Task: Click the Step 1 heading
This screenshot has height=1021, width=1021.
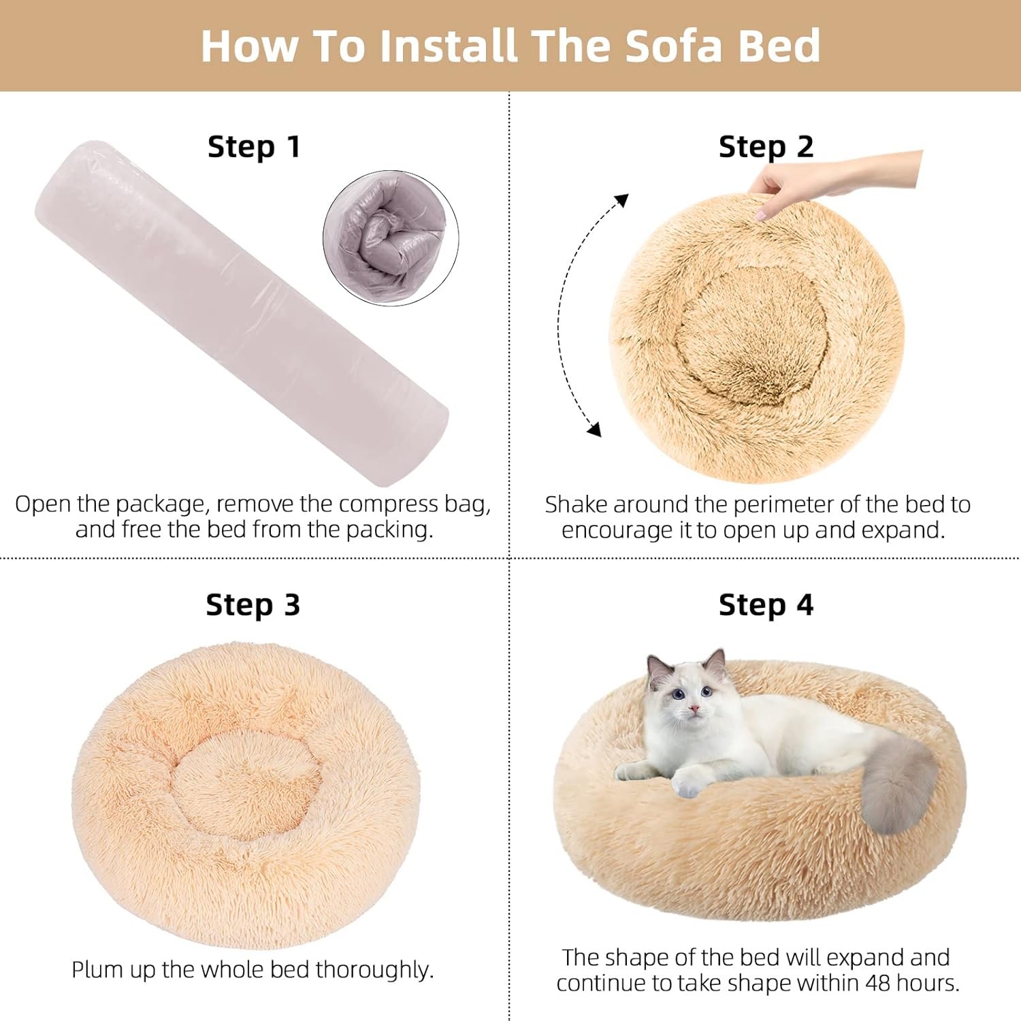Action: click(x=254, y=147)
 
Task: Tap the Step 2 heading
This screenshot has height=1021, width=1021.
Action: click(x=766, y=147)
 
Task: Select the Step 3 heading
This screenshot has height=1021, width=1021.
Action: click(x=253, y=605)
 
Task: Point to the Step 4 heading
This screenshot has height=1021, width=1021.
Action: click(x=766, y=605)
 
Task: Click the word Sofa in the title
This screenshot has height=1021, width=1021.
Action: click(x=673, y=46)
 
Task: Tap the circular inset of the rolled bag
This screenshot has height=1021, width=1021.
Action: click(x=391, y=238)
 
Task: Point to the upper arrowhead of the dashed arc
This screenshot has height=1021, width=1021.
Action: click(x=620, y=201)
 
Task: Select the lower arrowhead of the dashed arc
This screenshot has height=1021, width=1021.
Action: click(x=594, y=429)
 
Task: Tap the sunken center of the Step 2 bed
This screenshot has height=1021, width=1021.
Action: click(x=753, y=334)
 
